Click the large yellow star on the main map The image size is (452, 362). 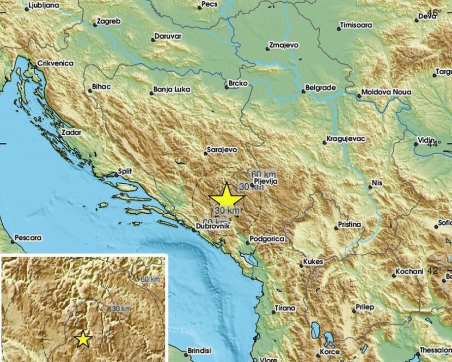(x=226, y=195)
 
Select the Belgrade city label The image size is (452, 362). (x=321, y=87)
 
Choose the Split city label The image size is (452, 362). (x=125, y=172)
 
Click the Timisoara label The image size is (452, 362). (x=356, y=25)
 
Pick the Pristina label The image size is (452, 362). (x=350, y=224)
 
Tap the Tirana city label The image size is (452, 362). (x=285, y=308)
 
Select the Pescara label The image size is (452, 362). (x=29, y=238)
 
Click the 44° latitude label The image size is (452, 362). (x=434, y=144)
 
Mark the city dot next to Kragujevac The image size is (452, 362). (x=325, y=143)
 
